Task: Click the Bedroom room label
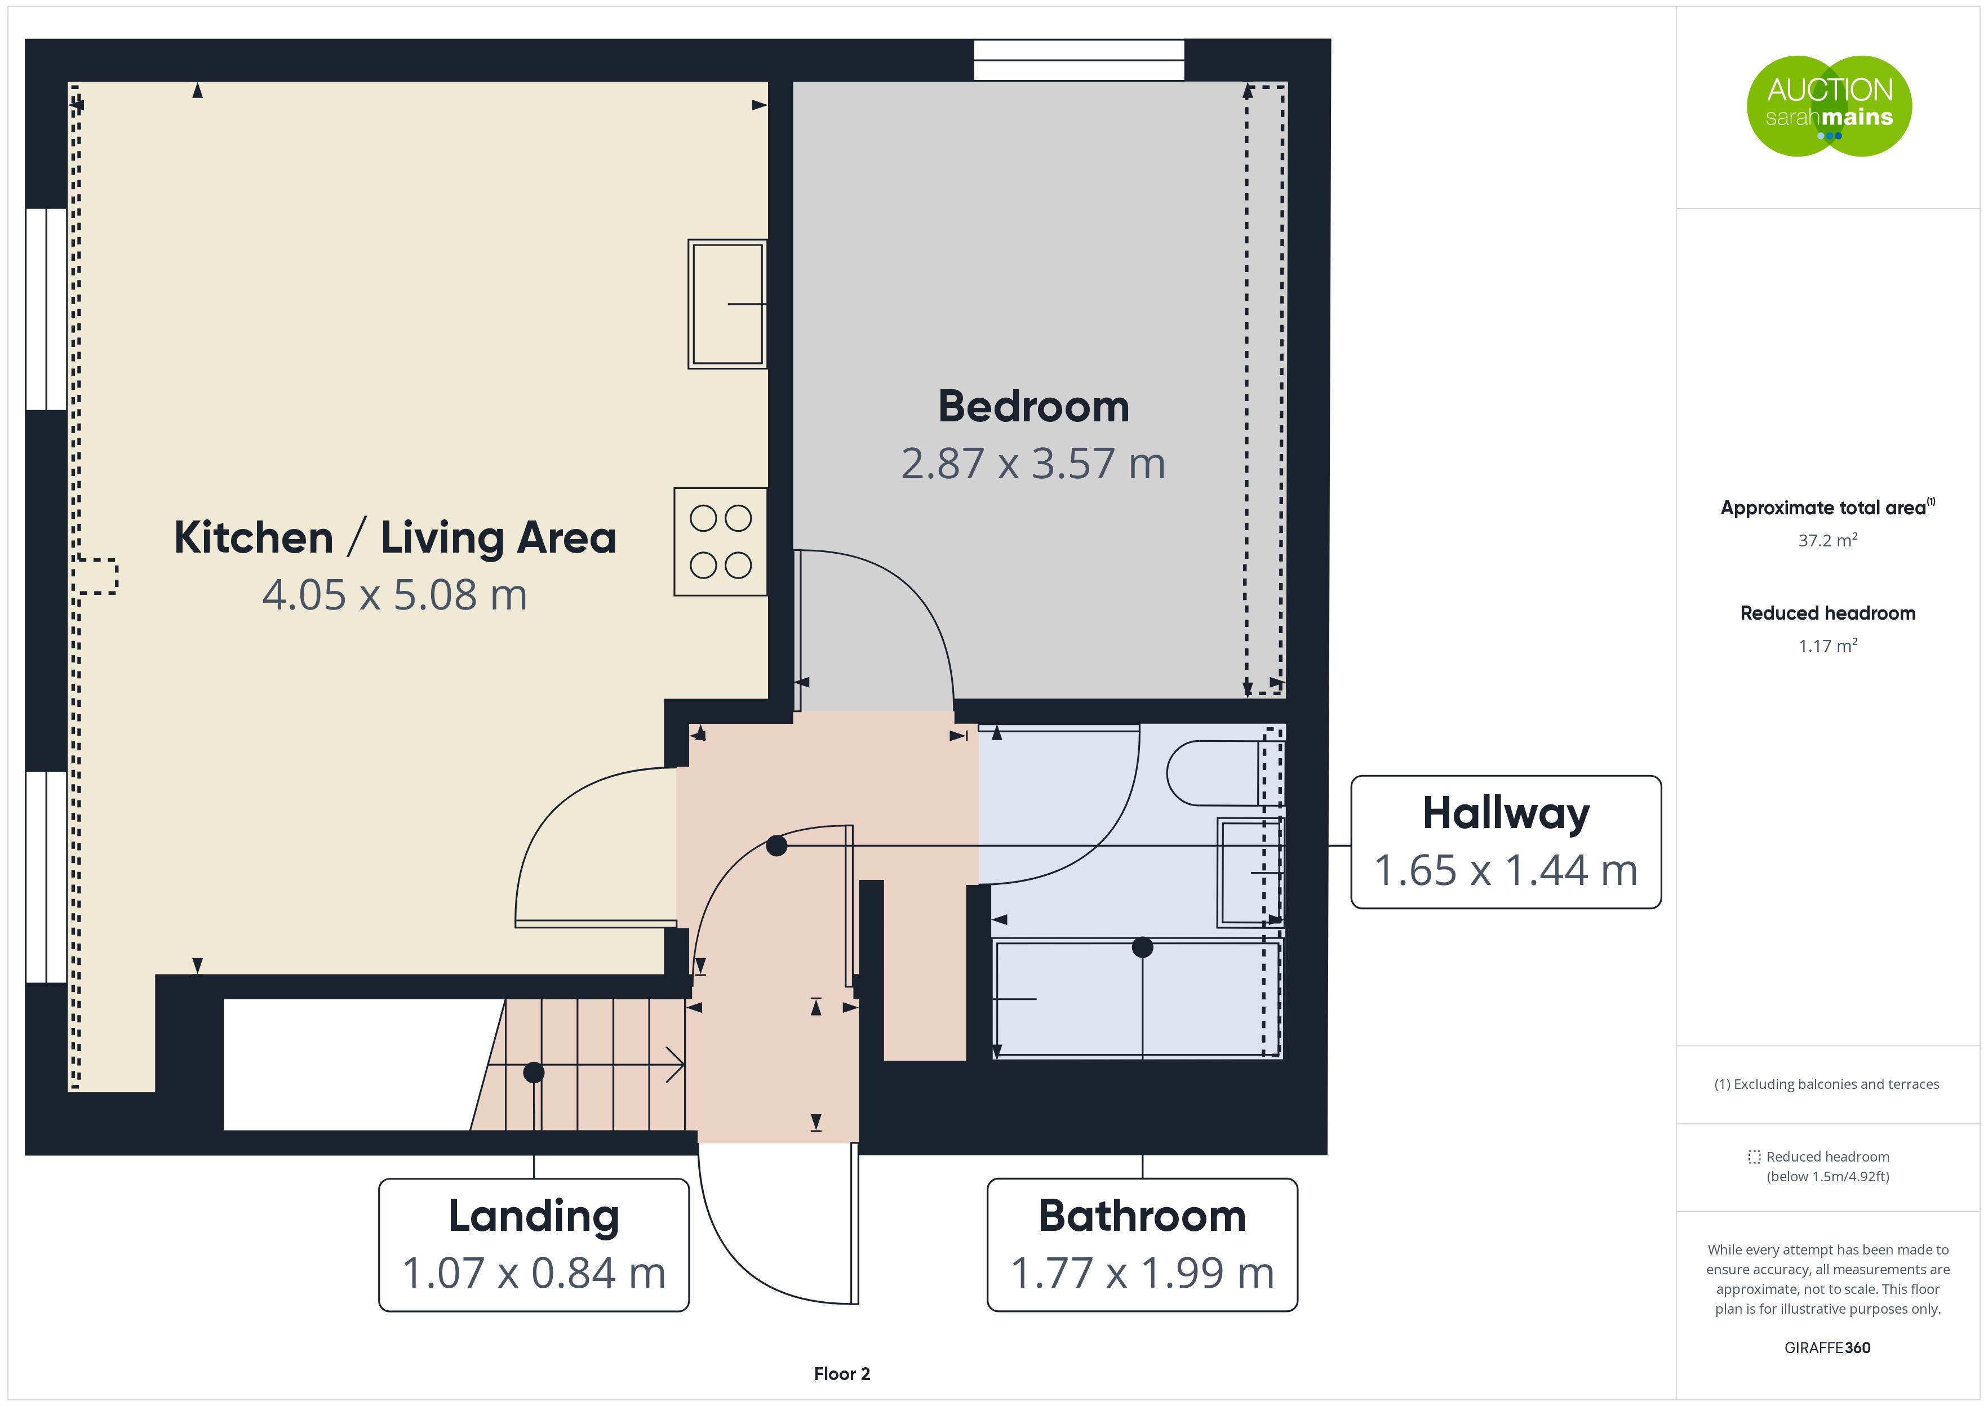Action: [1034, 407]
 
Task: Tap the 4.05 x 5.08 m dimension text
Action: [395, 595]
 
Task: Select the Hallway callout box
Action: [1506, 842]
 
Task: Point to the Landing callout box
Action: [534, 1245]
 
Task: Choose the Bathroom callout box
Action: [1142, 1245]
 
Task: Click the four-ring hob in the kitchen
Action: [720, 542]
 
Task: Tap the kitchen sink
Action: [727, 304]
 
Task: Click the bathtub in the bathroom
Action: [1139, 999]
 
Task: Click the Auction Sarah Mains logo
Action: [1829, 106]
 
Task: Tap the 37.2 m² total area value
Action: [1828, 540]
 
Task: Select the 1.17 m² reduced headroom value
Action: [1828, 645]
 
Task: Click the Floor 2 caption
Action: [842, 1374]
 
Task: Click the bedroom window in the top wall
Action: [1079, 60]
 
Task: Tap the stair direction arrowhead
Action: [676, 1065]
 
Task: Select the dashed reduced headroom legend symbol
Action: [1754, 1156]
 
